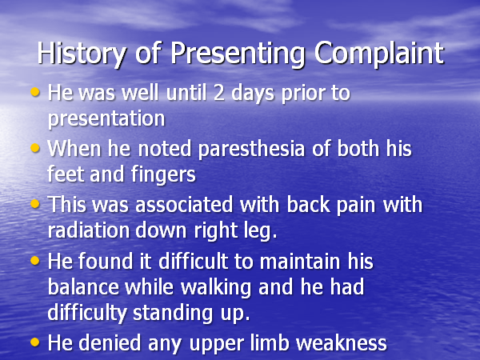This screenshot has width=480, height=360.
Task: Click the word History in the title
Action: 81,54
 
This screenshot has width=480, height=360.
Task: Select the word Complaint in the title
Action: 379,54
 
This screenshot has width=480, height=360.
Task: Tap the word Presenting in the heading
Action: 238,54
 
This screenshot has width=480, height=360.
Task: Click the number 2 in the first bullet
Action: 219,93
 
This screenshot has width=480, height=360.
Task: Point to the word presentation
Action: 106,118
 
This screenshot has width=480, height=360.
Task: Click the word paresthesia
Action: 252,149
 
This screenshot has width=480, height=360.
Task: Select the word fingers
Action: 163,174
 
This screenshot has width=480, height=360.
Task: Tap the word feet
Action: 66,174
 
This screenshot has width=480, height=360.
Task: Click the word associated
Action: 184,205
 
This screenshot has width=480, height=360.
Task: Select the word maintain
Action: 299,262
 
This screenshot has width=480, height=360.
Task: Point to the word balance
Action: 83,287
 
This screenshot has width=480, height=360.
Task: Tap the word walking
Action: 215,288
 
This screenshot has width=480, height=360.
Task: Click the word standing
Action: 172,314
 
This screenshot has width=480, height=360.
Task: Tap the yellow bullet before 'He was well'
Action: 35,91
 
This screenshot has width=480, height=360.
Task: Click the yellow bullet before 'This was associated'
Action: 35,203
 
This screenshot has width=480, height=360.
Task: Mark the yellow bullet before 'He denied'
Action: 35,342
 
